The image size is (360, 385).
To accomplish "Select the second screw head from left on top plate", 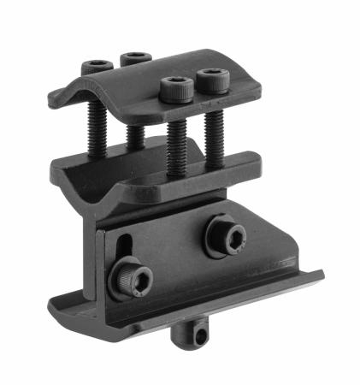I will click(x=135, y=59).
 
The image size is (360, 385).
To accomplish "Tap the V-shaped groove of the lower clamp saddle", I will click(x=81, y=184).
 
